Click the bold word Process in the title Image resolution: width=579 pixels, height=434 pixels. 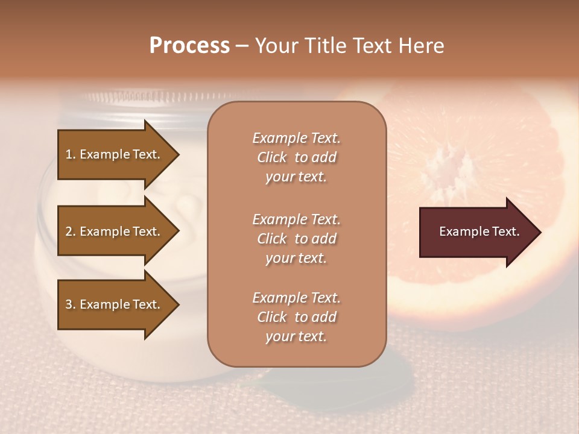tap(189, 46)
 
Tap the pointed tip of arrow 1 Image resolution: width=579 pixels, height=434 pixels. tap(177, 154)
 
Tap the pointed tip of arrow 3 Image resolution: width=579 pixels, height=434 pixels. tap(177, 304)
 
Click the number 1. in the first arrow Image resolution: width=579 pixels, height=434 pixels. tap(71, 154)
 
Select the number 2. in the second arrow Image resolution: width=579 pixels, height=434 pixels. tap(71, 231)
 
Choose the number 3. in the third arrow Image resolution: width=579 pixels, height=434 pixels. tap(71, 304)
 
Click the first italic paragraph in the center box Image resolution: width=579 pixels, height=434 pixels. tap(296, 157)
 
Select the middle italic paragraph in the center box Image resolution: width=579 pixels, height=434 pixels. tap(296, 239)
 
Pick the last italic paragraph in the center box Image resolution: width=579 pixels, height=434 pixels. tap(296, 317)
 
